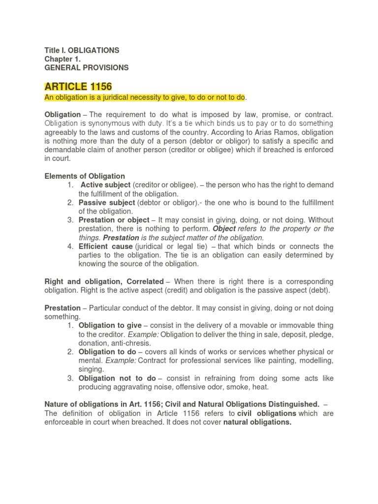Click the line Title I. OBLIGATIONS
[82, 50]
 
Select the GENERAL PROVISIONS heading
[86, 67]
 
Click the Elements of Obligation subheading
[85, 176]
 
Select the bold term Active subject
[105, 185]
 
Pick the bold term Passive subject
[107, 202]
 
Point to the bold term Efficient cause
[106, 246]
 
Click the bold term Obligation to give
[110, 325]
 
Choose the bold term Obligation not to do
[117, 378]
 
